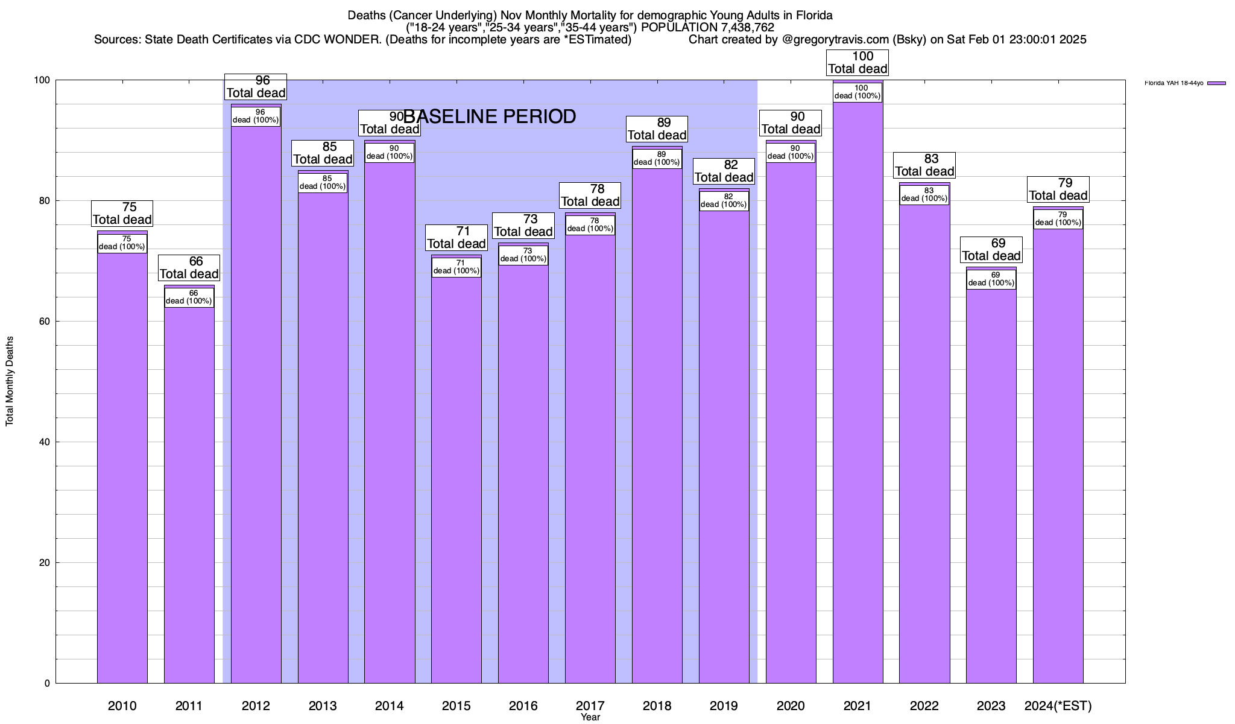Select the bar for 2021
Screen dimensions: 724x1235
[858, 392]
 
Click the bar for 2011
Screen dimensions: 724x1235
[189, 495]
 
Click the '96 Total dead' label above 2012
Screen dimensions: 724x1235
[256, 87]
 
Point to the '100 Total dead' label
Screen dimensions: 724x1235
[858, 63]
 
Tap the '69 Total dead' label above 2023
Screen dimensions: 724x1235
[991, 250]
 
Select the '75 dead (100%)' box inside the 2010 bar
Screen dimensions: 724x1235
[122, 243]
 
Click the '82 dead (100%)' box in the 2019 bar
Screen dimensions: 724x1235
[724, 201]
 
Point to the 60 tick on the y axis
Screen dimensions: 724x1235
[45, 322]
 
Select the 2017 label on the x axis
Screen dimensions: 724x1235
[590, 705]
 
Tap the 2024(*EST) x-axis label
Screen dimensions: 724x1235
[1058, 706]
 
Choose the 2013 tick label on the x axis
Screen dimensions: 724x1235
[323, 706]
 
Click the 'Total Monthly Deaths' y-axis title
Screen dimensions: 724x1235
[10, 381]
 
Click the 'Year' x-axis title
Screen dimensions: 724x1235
[590, 717]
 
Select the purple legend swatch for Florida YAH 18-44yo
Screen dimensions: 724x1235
[1216, 83]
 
